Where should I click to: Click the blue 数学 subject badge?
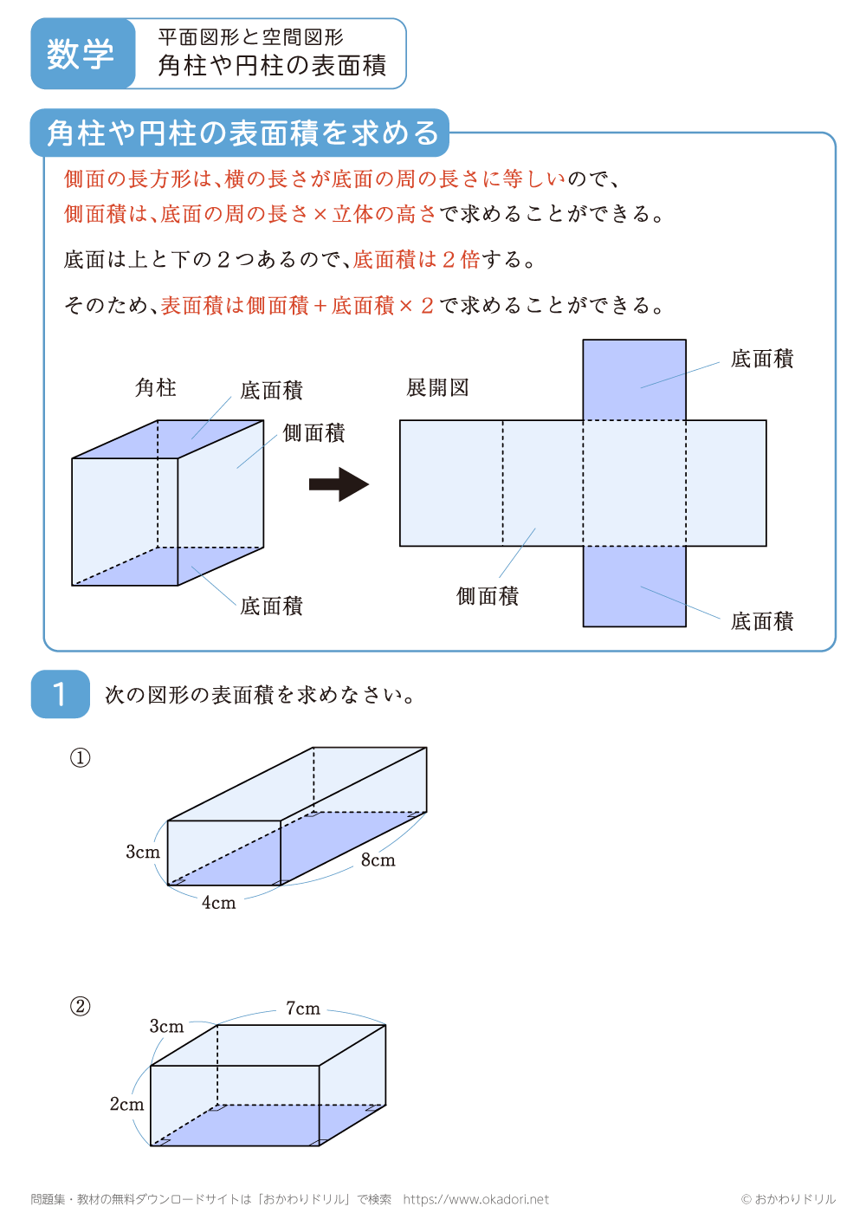point(81,54)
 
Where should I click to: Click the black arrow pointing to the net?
point(339,484)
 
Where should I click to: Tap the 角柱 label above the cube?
point(156,387)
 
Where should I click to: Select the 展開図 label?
point(438,387)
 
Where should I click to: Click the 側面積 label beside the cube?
point(313,433)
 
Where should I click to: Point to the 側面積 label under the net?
point(488,596)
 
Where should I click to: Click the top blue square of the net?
point(634,379)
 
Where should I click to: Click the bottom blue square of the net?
point(634,586)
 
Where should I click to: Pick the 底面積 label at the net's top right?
point(762,359)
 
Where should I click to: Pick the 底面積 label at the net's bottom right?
point(762,621)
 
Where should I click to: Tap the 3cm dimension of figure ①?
point(143,852)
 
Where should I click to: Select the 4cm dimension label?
point(218,903)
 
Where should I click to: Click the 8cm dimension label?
point(378,860)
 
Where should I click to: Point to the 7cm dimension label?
point(303,1009)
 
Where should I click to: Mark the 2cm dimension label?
point(126,1104)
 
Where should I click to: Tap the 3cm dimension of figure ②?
point(166,1027)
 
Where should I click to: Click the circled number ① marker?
point(80,758)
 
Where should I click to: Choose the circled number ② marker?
point(80,1006)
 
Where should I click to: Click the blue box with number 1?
point(60,694)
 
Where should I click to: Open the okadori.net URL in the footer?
point(475,1199)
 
